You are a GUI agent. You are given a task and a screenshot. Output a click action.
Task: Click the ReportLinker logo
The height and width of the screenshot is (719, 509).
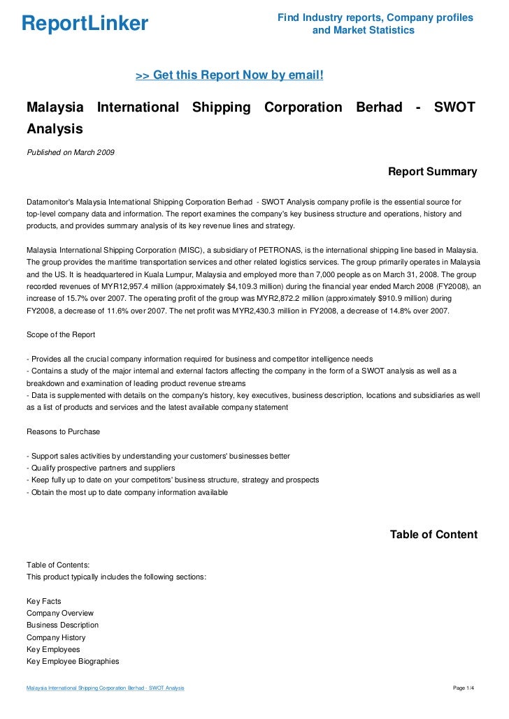85,24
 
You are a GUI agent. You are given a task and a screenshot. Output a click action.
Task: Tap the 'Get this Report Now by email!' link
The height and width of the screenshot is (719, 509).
229,75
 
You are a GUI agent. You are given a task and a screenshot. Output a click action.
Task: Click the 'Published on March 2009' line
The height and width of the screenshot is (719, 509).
71,152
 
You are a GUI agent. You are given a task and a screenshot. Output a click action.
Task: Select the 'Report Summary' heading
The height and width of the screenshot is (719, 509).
432,172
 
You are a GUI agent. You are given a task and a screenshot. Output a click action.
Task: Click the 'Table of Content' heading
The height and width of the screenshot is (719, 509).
433,535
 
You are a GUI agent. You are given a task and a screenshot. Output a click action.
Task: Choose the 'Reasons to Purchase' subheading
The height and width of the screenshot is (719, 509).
63,431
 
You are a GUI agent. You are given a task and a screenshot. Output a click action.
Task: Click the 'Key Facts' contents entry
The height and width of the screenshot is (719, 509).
43,600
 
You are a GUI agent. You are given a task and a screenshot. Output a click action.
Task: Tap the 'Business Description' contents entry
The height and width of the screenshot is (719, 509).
62,625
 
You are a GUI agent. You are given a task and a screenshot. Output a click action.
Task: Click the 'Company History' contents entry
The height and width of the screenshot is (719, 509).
56,637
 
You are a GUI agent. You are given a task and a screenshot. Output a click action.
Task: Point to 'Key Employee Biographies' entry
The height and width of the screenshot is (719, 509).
73,661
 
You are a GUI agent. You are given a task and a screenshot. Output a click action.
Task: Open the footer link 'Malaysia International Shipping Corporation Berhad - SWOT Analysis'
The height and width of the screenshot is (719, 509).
106,688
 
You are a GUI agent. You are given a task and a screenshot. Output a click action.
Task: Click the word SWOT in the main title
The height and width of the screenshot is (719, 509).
454,108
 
